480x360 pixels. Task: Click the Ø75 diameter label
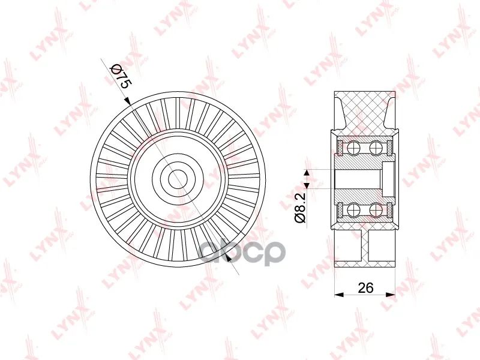click(x=121, y=76)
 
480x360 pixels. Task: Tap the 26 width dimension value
click(x=365, y=288)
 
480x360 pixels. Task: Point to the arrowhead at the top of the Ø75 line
click(x=127, y=101)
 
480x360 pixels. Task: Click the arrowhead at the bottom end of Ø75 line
click(x=227, y=258)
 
